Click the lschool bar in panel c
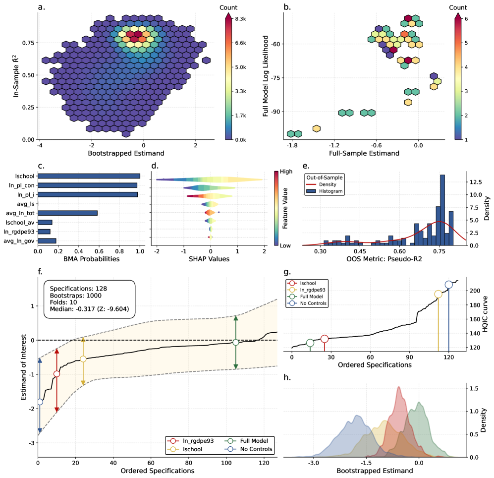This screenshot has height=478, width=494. (x=89, y=176)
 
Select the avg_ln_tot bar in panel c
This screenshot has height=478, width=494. (x=67, y=213)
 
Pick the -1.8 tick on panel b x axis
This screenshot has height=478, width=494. (x=292, y=145)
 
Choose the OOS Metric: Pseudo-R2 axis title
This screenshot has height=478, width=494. (x=384, y=259)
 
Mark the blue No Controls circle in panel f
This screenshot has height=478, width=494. (x=40, y=402)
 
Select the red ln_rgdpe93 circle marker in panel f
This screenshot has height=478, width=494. (x=56, y=374)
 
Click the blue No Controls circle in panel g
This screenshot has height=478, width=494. (x=449, y=285)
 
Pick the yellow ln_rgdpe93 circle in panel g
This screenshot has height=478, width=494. (x=438, y=294)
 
